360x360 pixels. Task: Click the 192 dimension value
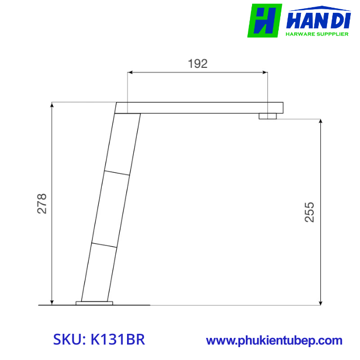[197, 64]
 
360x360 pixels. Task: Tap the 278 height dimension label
[42, 204]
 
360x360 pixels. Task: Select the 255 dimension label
[309, 212]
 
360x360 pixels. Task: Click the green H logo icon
[264, 21]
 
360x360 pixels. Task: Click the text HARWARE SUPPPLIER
[317, 34]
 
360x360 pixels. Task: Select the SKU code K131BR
[117, 339]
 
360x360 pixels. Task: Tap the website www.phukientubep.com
[274, 340]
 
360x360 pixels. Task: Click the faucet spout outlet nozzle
[268, 116]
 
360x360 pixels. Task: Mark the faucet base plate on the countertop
[94, 303]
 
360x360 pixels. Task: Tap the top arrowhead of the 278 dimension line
[52, 104]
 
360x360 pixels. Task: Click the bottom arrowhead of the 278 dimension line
[52, 302]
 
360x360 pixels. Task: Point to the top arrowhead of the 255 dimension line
[321, 122]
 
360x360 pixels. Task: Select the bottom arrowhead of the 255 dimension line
[321, 302]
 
